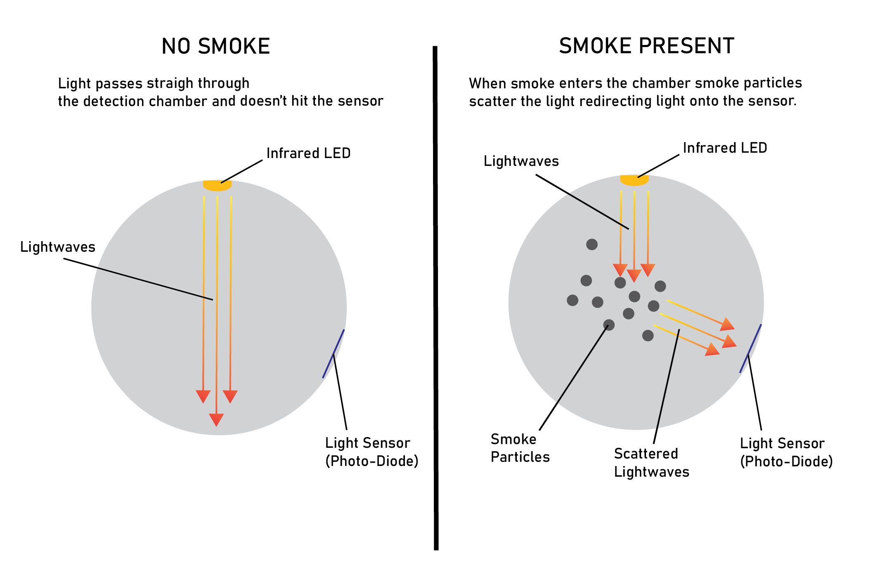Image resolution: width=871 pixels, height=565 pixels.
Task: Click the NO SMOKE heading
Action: click(215, 46)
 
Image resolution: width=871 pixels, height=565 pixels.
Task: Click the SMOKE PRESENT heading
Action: click(646, 46)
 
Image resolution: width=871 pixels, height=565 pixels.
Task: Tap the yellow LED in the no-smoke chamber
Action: click(217, 186)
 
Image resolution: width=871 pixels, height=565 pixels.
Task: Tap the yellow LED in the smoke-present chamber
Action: click(634, 180)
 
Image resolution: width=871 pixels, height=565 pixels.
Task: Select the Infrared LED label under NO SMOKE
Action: click(308, 153)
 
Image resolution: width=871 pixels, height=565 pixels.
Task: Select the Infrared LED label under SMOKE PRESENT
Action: click(725, 148)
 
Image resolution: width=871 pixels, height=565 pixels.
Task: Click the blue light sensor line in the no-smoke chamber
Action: click(333, 354)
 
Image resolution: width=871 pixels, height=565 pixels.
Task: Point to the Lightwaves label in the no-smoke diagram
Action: click(58, 247)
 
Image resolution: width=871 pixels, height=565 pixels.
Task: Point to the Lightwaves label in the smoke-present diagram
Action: click(521, 161)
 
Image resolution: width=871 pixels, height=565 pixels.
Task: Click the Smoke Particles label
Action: click(520, 448)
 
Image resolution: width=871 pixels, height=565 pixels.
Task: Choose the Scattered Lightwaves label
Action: click(651, 463)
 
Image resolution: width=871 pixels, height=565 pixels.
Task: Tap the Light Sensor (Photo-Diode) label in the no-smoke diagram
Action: click(372, 452)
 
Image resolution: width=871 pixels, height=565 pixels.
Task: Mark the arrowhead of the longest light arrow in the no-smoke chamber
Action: click(216, 419)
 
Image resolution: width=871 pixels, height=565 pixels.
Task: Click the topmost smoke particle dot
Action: click(592, 244)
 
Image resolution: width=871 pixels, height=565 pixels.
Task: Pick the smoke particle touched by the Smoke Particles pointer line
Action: click(609, 325)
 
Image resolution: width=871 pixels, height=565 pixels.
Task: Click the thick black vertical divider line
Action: click(435, 297)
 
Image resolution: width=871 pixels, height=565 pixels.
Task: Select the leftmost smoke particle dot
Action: click(573, 300)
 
